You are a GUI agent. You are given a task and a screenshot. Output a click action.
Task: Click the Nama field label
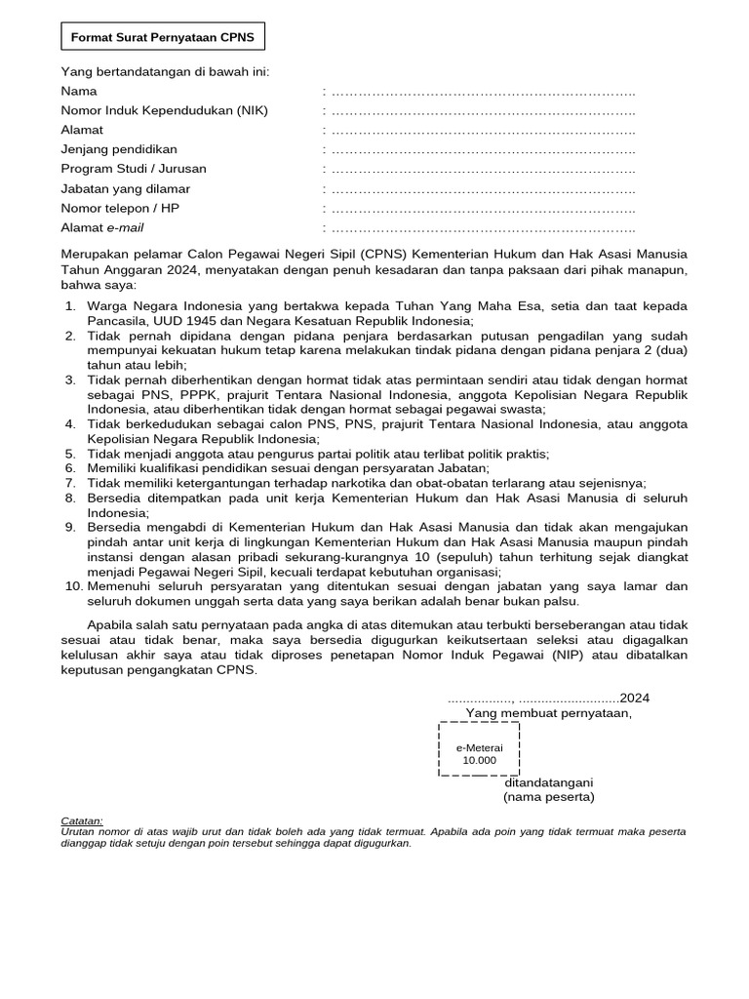click(x=79, y=91)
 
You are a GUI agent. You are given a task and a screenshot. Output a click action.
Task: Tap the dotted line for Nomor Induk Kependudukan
click(x=483, y=110)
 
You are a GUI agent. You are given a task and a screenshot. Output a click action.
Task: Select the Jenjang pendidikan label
click(x=119, y=149)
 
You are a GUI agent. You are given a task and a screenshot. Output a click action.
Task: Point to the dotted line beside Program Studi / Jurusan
click(x=483, y=169)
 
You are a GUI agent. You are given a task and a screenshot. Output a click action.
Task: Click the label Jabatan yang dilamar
click(x=126, y=188)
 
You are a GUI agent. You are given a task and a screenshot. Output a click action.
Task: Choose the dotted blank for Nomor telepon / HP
click(x=483, y=208)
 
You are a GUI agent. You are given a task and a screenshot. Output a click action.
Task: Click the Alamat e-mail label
click(x=102, y=227)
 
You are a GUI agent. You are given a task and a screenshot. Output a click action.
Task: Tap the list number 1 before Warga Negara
click(x=70, y=307)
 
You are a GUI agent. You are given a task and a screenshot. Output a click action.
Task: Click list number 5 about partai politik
click(x=70, y=454)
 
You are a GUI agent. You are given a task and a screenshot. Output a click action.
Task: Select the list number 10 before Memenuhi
click(x=74, y=585)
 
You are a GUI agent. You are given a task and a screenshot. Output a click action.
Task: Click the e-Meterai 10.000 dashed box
click(x=479, y=749)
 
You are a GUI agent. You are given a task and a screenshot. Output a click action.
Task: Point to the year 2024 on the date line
click(x=635, y=698)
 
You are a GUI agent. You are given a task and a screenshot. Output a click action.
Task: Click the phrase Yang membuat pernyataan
click(x=548, y=712)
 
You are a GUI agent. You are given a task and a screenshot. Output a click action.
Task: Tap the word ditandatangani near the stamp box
click(x=548, y=782)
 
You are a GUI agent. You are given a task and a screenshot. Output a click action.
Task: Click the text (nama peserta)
click(x=548, y=797)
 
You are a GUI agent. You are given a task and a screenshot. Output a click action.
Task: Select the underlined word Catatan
click(x=81, y=821)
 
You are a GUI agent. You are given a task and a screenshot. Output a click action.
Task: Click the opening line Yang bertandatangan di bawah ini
click(x=165, y=71)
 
